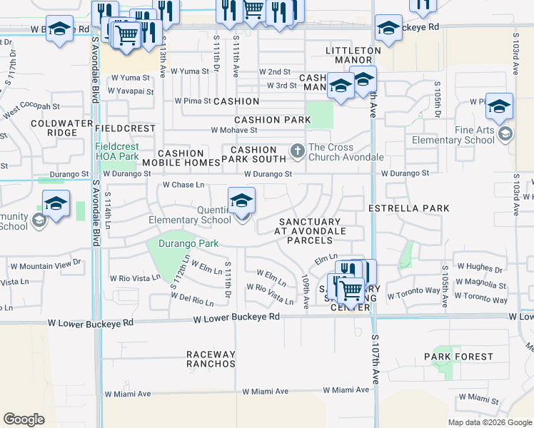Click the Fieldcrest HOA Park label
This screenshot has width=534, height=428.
pyautogui.click(x=118, y=151)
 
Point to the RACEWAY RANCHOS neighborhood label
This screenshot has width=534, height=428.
pyautogui.click(x=211, y=359)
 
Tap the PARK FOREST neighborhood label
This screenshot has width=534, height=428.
pyautogui.click(x=458, y=356)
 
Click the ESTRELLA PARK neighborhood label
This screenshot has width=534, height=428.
pyautogui.click(x=408, y=208)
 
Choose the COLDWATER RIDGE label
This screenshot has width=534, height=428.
pyautogui.click(x=53, y=128)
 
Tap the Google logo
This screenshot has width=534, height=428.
pyautogui.click(x=24, y=419)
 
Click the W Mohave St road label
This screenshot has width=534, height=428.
pyautogui.click(x=234, y=131)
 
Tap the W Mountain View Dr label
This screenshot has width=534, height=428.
pyautogui.click(x=50, y=265)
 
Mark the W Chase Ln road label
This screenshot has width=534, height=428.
pyautogui.click(x=183, y=185)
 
